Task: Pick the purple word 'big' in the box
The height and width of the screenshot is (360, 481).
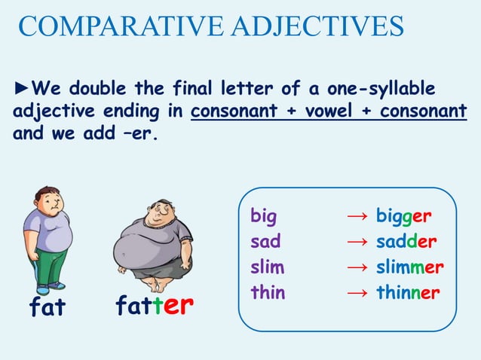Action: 263,217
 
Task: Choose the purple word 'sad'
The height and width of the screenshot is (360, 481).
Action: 265,243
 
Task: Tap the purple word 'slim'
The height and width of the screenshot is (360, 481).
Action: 267,267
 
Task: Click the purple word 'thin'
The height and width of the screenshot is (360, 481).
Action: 268,293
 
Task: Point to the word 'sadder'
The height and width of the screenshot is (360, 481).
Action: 406,243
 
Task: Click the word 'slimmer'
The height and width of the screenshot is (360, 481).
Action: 409,267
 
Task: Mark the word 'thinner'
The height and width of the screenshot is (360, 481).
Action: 408,293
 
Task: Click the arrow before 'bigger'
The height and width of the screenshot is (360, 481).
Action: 357,218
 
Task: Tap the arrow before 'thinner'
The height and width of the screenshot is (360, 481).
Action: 357,293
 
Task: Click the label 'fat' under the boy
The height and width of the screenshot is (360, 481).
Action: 47,308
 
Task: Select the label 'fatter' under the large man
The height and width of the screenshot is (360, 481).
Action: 155,305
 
